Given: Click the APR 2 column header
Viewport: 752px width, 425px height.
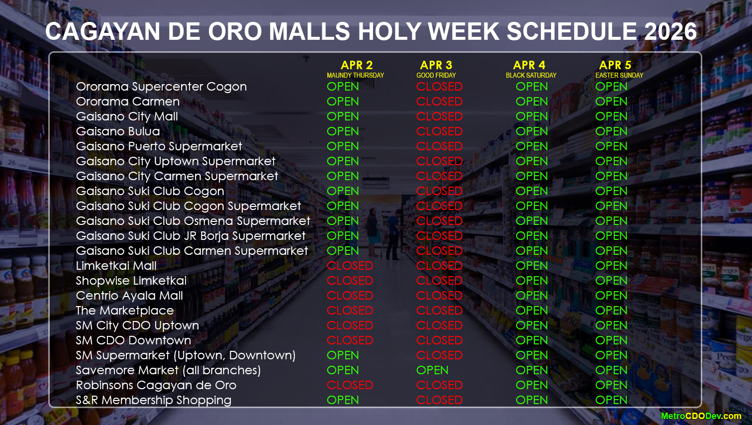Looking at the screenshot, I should pyautogui.click(x=357, y=65).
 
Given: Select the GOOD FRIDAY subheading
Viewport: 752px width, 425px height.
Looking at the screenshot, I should pyautogui.click(x=436, y=75).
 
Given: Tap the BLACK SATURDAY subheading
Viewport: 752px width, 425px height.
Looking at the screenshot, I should pyautogui.click(x=531, y=75).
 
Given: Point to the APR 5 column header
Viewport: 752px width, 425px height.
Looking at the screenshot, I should pyautogui.click(x=615, y=65).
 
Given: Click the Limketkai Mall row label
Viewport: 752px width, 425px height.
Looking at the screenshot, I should pyautogui.click(x=116, y=266).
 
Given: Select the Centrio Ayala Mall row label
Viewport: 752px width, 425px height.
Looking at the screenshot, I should pyautogui.click(x=129, y=296).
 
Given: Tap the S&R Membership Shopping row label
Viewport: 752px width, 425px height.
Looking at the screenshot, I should pyautogui.click(x=153, y=400).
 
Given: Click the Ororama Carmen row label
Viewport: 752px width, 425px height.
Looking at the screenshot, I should pyautogui.click(x=128, y=102).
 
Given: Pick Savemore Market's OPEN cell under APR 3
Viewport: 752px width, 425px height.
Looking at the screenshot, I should pyautogui.click(x=432, y=370).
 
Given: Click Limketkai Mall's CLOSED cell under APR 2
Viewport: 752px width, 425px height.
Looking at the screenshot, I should pyautogui.click(x=350, y=266).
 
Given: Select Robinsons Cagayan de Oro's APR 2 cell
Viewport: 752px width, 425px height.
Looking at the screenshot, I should pyautogui.click(x=350, y=385).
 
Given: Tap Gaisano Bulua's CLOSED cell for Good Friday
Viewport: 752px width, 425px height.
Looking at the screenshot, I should pyautogui.click(x=439, y=131).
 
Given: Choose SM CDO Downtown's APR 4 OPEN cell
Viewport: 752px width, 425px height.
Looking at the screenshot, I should pyautogui.click(x=532, y=340).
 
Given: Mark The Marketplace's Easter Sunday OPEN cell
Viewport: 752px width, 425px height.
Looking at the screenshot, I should pyautogui.click(x=611, y=311).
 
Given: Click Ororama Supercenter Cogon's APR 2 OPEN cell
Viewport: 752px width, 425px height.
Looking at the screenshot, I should pyautogui.click(x=343, y=87).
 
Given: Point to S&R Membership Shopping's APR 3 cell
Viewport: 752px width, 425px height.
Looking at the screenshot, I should pyautogui.click(x=439, y=400).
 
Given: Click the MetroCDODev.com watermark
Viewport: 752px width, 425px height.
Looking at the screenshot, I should pyautogui.click(x=701, y=416).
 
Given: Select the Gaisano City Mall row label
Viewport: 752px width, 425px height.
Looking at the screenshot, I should pyautogui.click(x=127, y=116).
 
